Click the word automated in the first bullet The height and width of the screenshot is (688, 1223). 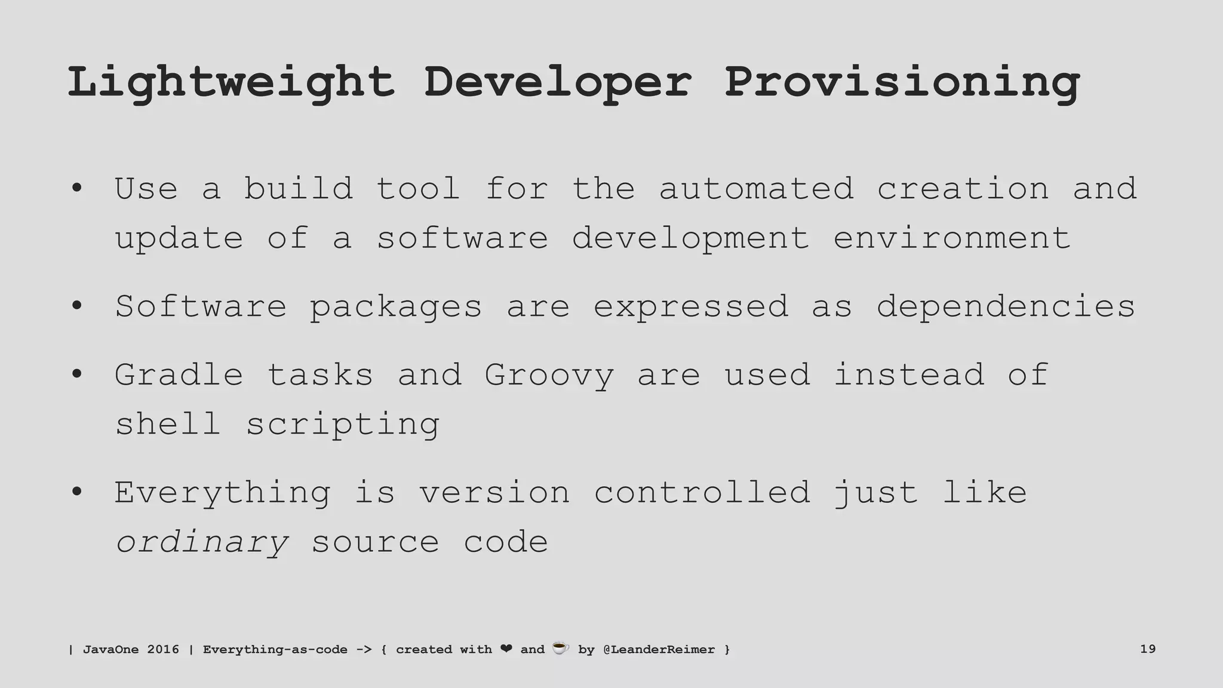pyautogui.click(x=756, y=189)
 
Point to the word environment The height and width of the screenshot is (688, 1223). pyautogui.click(x=952, y=238)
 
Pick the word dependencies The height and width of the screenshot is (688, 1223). pyautogui.click(x=1006, y=306)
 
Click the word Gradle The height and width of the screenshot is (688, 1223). pyautogui.click(x=179, y=375)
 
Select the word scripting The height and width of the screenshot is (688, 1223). pyautogui.click(x=343, y=425)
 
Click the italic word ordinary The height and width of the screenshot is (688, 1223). pyautogui.click(x=202, y=543)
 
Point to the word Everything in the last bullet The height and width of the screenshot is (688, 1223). pyautogui.click(x=222, y=493)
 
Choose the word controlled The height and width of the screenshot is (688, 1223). pyautogui.click(x=702, y=493)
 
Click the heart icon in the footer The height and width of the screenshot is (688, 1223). pyautogui.click(x=506, y=649)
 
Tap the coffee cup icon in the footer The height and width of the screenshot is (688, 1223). pyautogui.click(x=560, y=648)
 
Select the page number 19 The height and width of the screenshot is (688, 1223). pyautogui.click(x=1148, y=649)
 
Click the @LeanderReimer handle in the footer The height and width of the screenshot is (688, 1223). pyautogui.click(x=659, y=649)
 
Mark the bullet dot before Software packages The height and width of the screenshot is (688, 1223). pyautogui.click(x=76, y=306)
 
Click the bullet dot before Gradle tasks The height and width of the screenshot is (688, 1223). pyautogui.click(x=76, y=375)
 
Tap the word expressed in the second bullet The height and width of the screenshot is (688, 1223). pyautogui.click(x=691, y=307)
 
